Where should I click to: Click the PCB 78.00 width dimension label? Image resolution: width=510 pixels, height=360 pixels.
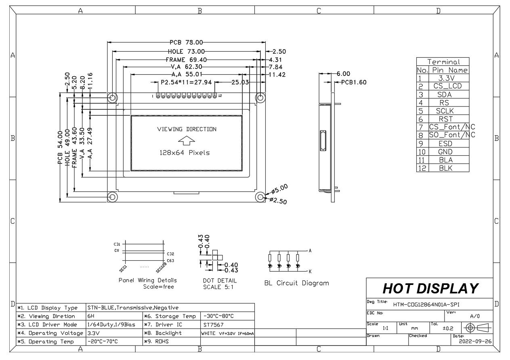point(186,42)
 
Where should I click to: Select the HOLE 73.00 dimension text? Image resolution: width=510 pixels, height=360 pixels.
point(186,51)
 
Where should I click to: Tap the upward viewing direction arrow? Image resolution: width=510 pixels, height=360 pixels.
point(187,141)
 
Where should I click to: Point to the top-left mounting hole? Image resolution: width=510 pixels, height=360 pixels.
point(112,97)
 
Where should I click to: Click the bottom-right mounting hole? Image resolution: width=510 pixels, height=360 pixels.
point(260,197)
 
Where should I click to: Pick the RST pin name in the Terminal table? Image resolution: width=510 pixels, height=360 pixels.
point(445,119)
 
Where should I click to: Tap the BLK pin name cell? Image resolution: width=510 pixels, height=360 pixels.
point(445,168)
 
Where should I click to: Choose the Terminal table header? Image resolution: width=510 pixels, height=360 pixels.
point(443,62)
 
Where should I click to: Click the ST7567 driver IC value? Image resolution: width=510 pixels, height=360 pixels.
point(213,324)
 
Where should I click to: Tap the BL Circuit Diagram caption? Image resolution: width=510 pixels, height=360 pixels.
point(296,283)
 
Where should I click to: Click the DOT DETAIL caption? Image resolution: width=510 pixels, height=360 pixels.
point(220,281)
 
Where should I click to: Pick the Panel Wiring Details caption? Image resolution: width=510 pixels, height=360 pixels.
point(147,280)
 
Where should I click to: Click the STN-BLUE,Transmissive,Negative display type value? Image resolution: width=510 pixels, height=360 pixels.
point(132,308)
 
